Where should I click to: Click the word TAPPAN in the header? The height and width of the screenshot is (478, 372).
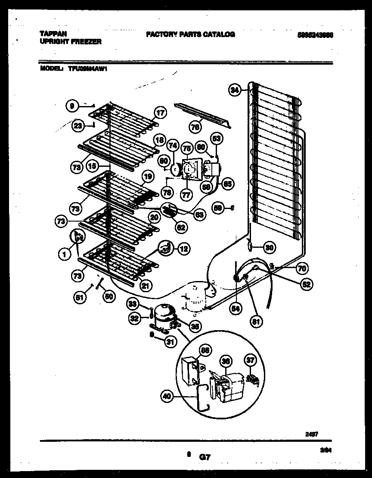click(x=50, y=34)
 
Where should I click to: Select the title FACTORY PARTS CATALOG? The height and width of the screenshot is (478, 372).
click(x=190, y=34)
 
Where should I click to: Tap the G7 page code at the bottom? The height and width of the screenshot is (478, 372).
click(x=205, y=455)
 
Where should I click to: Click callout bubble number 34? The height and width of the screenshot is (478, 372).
click(x=235, y=90)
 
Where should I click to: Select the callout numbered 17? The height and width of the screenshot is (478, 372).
click(x=160, y=114)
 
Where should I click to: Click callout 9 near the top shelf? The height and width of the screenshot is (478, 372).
click(x=73, y=105)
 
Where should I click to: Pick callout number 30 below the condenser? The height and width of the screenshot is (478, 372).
click(x=269, y=247)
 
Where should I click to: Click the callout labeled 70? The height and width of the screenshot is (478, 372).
click(x=302, y=268)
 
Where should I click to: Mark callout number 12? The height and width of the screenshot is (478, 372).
click(x=183, y=248)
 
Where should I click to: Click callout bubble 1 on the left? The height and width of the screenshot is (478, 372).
click(x=64, y=255)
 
